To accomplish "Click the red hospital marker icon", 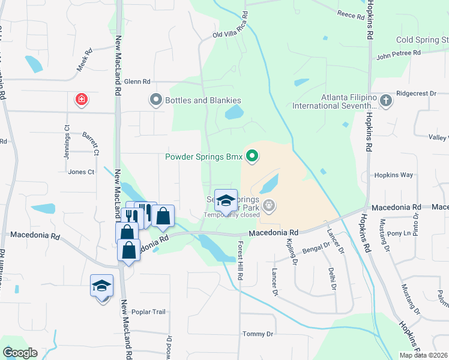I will tap(81, 100).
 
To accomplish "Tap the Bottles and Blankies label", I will tap(204, 100).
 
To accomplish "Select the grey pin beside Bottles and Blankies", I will tap(156, 100).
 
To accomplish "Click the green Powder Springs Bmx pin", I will tap(252, 157).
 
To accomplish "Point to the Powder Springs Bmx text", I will tap(204, 158).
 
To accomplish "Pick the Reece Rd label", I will tap(351, 15).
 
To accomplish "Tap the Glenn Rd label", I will tap(137, 81).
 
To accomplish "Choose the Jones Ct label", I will tap(82, 172).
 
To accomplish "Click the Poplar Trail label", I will tap(150, 312).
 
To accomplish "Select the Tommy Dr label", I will tap(258, 334).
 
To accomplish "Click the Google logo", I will tap(20, 353).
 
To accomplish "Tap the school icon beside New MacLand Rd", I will tap(101, 287).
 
